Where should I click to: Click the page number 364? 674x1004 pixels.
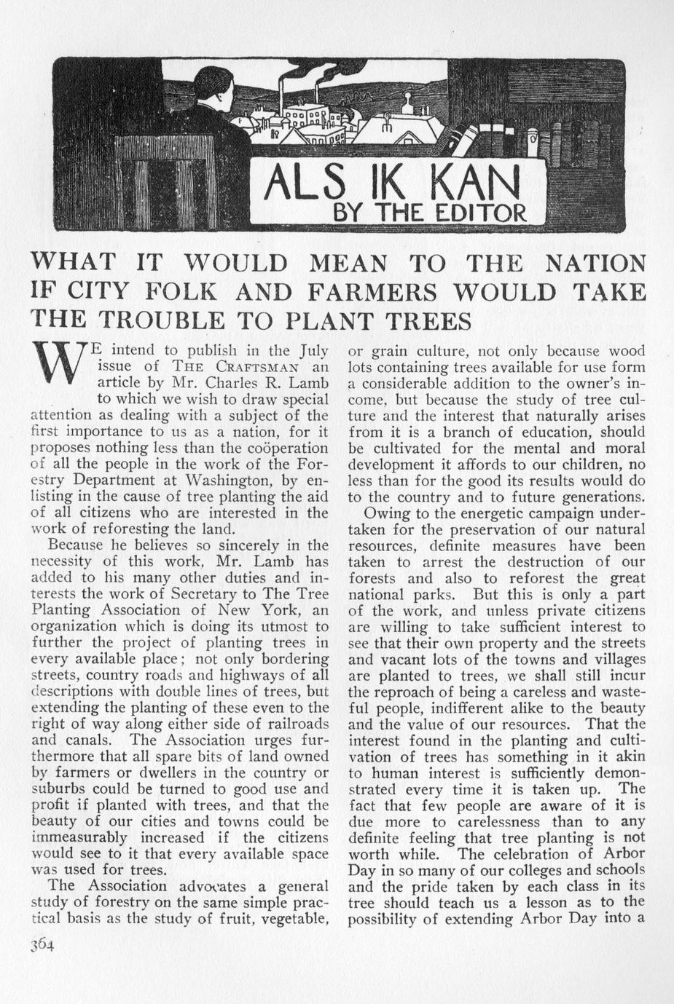(x=43, y=944)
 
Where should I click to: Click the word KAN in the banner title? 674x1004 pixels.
(x=474, y=188)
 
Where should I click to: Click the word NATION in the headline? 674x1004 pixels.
(x=590, y=263)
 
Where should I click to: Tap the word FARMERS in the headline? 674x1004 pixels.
(x=372, y=292)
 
